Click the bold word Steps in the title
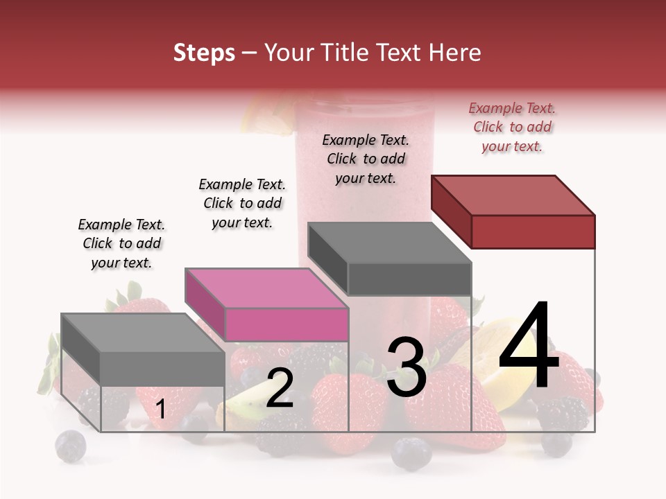click(204, 53)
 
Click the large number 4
click(529, 347)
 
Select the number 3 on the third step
click(407, 367)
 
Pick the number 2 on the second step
click(280, 388)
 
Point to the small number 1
click(160, 410)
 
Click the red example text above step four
click(512, 128)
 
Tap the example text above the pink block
click(242, 203)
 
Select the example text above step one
click(121, 243)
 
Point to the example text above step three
click(366, 159)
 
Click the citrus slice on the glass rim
click(267, 118)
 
